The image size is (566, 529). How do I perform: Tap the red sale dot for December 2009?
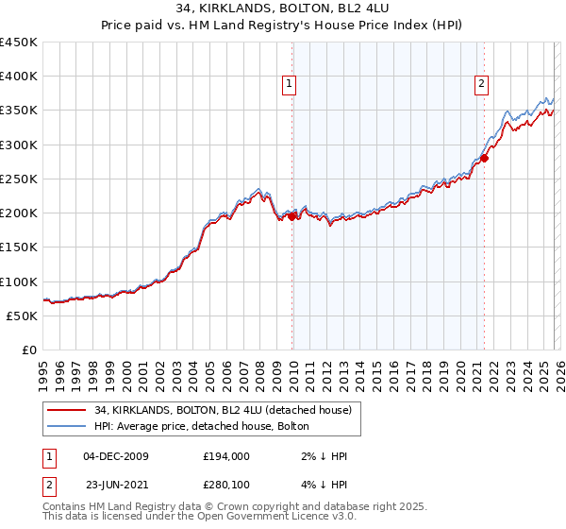[x=291, y=216]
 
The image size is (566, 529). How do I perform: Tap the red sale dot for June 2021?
[x=484, y=159]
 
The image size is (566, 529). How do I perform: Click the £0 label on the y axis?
[x=28, y=350]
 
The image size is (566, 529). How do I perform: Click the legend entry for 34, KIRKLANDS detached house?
[x=223, y=410]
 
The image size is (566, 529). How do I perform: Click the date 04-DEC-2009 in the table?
[x=116, y=456]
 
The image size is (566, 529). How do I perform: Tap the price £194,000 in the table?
[x=227, y=456]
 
